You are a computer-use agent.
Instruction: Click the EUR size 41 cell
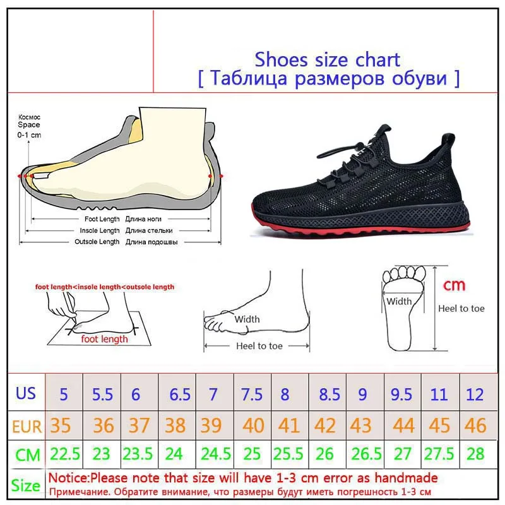(288, 425)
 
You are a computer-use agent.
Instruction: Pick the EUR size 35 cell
(61, 425)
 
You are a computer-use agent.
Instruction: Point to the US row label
(26, 393)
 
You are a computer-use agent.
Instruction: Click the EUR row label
(27, 426)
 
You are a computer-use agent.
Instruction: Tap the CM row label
(27, 455)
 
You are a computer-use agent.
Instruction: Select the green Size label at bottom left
(26, 485)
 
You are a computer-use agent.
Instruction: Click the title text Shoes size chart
(327, 59)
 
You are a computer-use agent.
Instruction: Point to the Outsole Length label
(97, 242)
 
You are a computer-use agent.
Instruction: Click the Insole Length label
(98, 230)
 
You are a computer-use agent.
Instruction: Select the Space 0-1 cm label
(28, 126)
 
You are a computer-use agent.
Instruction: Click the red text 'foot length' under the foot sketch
(104, 339)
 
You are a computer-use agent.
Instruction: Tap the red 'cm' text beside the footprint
(453, 285)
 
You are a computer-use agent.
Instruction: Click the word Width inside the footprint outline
(399, 301)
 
